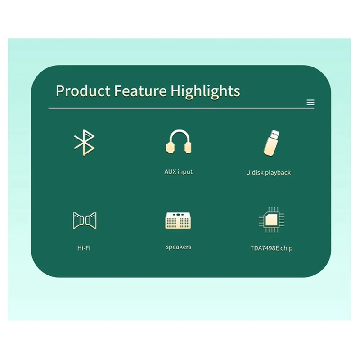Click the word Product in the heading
[83, 91]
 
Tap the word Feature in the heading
[140, 91]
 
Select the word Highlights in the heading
[205, 92]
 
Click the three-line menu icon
[310, 103]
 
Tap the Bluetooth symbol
[84, 142]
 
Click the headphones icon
[179, 141]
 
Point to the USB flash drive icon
[272, 143]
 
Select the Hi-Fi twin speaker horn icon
[85, 220]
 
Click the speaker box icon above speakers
[178, 220]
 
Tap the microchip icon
[272, 220]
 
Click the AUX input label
[178, 172]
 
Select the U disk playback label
[268, 173]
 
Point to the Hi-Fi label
[84, 248]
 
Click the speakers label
[178, 247]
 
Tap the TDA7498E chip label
[271, 248]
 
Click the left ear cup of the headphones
[170, 148]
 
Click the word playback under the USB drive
[278, 173]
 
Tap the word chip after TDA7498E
[287, 249]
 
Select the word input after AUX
[185, 172]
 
